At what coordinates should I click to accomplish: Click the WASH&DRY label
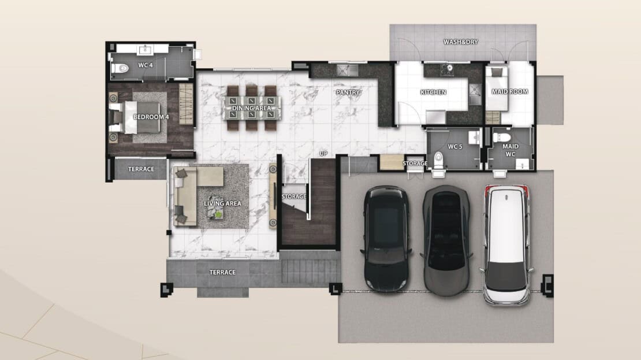[461, 42]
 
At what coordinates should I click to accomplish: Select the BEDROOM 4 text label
[151, 117]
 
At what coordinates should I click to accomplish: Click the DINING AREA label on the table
[252, 108]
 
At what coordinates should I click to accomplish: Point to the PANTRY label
[348, 92]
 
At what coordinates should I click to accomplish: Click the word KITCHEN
[433, 92]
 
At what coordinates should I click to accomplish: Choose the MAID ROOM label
[510, 92]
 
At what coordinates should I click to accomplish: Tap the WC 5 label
[455, 146]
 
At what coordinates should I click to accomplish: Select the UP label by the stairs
[323, 154]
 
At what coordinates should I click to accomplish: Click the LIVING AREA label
[222, 203]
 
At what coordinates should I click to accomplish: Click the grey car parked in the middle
[447, 240]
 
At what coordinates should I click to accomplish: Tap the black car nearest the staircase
[387, 239]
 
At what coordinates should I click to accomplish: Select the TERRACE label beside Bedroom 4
[141, 169]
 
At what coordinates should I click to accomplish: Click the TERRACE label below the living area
[222, 272]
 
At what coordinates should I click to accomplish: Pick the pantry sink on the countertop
[348, 70]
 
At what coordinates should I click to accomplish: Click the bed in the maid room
[497, 89]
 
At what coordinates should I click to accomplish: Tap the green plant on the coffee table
[219, 214]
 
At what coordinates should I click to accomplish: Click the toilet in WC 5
[439, 161]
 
